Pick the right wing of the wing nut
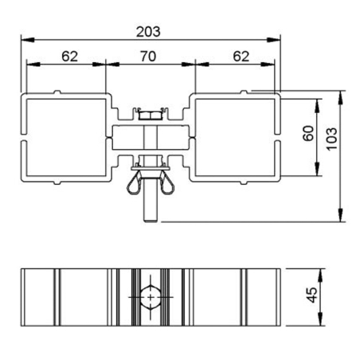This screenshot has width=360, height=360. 168,185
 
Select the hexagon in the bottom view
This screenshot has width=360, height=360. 150,295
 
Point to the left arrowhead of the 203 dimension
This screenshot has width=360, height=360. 24,38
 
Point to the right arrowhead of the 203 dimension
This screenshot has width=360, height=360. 278,38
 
